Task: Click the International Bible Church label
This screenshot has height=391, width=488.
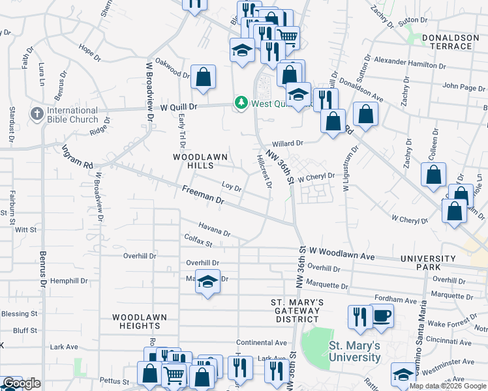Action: click(x=72, y=115)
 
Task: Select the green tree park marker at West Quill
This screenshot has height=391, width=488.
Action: click(x=241, y=103)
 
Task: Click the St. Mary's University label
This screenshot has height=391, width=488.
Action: click(x=354, y=351)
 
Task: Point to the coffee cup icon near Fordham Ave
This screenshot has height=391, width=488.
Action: click(x=382, y=316)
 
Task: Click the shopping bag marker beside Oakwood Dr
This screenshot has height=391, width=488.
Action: click(x=204, y=77)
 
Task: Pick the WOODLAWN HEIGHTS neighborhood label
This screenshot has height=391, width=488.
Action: click(x=139, y=321)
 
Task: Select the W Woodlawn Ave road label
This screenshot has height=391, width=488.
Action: click(x=342, y=253)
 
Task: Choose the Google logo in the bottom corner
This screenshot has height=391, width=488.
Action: click(x=22, y=384)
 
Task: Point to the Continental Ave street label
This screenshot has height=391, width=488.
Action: click(x=262, y=342)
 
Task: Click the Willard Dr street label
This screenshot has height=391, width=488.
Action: click(x=288, y=143)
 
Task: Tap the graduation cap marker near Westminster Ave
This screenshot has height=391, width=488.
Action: click(x=404, y=374)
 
